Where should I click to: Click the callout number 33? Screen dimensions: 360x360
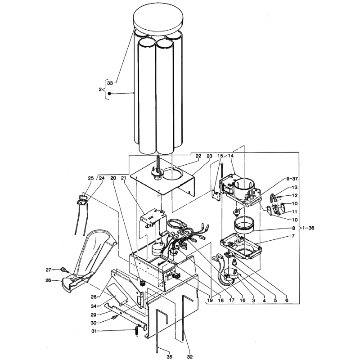click(110, 83)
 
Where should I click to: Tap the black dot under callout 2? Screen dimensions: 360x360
click(109, 94)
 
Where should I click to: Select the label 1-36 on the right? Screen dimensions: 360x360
click(308, 228)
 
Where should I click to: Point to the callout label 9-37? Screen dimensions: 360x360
click(292, 179)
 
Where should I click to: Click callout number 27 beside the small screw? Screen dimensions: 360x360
click(49, 270)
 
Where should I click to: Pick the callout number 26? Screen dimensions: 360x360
click(48, 280)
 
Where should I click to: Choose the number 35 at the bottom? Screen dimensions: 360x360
click(169, 357)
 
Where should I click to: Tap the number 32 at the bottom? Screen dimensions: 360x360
click(189, 357)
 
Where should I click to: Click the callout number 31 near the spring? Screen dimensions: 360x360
click(94, 331)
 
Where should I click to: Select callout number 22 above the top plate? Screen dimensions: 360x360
click(198, 156)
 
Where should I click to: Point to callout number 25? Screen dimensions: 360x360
click(91, 178)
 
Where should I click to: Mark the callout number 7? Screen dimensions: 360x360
click(293, 236)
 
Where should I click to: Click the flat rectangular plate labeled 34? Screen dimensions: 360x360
click(117, 293)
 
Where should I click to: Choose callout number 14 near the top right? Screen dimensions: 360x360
click(231, 156)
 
